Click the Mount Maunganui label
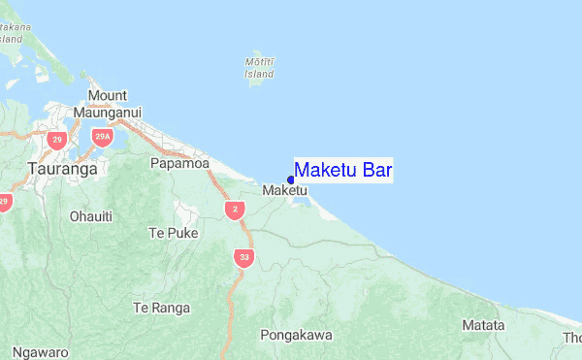pos(114,104)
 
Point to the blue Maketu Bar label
pos(343,171)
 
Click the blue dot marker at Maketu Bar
pos(291,180)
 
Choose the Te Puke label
pos(173,233)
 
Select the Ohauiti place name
pos(91,215)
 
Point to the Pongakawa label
pos(296,335)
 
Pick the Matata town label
pos(483,325)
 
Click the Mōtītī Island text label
pos(259,68)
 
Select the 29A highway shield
pos(102,138)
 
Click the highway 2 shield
pos(233,209)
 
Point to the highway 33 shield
pos(242,257)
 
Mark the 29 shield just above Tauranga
pos(57,142)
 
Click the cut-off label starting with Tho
pos(572,338)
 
